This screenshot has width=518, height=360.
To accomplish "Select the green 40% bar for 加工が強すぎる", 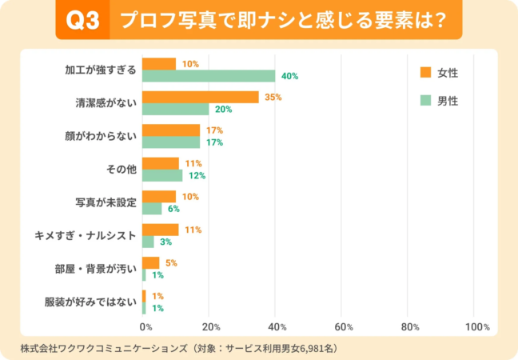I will pos(209,76).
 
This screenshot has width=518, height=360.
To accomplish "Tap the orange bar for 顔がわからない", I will pos(171,130).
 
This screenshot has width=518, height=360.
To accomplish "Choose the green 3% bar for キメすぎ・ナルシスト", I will pos(148,242).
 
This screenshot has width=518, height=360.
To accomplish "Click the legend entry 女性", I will pos(440,73).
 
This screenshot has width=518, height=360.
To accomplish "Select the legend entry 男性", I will pos(440,101).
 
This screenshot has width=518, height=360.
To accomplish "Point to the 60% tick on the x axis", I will pos(344,327).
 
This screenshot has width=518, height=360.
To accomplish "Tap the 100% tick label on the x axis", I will pos(476,327).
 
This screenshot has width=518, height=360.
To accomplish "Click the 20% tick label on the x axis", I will pos(211,327).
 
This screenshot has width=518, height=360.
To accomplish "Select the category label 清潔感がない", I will pos(102,102).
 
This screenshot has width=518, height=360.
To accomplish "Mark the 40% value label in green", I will pos(289,77).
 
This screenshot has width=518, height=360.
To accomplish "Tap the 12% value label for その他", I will pos(196,176).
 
